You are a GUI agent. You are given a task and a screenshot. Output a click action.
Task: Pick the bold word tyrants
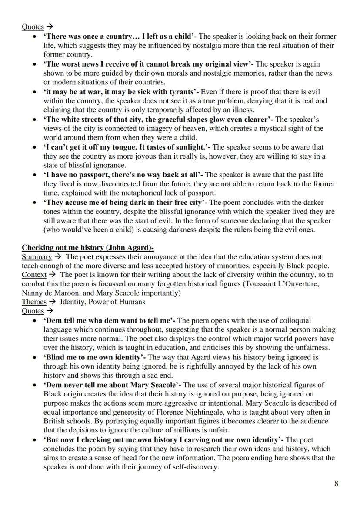180,92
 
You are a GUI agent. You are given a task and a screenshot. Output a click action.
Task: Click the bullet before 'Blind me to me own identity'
34,357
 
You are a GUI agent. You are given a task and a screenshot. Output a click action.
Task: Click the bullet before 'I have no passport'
34,175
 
